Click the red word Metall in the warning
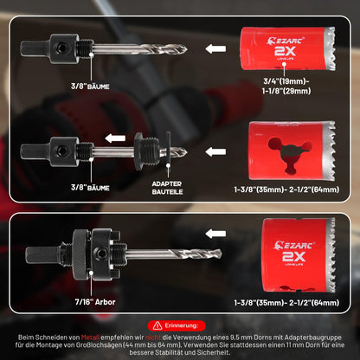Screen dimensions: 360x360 [90, 337]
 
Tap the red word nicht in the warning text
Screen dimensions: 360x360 [153, 337]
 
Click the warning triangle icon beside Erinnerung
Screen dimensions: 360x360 [157, 325]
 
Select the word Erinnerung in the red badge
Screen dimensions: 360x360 [182, 325]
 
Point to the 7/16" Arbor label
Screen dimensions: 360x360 [95, 302]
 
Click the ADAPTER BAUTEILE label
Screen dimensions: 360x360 [167, 188]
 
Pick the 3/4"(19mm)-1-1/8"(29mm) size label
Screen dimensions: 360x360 [286, 87]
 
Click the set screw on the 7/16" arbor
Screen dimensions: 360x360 [100, 254]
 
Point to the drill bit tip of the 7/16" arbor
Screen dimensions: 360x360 [220, 254]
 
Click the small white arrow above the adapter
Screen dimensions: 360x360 [115, 138]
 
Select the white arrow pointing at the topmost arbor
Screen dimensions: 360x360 [215, 48]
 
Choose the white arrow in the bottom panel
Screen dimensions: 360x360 [215, 234]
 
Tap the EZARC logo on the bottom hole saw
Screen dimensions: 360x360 [294, 246]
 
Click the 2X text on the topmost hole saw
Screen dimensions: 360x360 [285, 51]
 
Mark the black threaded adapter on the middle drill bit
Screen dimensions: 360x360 [147, 151]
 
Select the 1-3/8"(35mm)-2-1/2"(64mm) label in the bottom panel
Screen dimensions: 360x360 [286, 303]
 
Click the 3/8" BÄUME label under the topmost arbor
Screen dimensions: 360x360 [90, 87]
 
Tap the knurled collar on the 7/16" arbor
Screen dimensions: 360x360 [80, 254]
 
